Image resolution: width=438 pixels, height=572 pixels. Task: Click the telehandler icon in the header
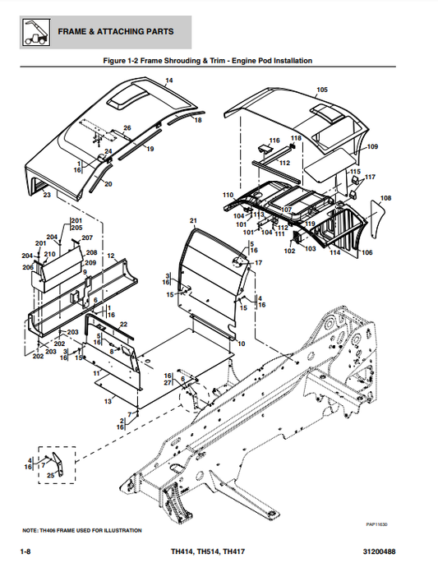tap(34, 31)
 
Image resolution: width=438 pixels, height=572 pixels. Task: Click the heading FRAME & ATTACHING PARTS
tap(115, 31)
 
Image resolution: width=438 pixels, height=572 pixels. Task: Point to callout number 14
tap(169, 81)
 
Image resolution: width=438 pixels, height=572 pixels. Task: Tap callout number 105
tap(321, 89)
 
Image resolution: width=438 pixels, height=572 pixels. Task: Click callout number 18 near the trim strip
tap(197, 120)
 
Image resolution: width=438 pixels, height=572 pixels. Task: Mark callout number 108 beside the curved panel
tap(386, 198)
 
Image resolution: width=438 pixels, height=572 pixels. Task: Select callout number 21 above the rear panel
tap(193, 221)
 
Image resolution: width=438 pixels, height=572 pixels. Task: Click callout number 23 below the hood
tap(47, 196)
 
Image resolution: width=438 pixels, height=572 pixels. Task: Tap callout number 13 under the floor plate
tap(108, 402)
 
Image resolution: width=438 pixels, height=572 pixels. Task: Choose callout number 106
tap(367, 252)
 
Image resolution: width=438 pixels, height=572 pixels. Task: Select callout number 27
tap(168, 383)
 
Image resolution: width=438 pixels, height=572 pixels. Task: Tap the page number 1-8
tap(25, 550)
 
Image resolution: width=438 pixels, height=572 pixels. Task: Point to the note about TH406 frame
tap(82, 530)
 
